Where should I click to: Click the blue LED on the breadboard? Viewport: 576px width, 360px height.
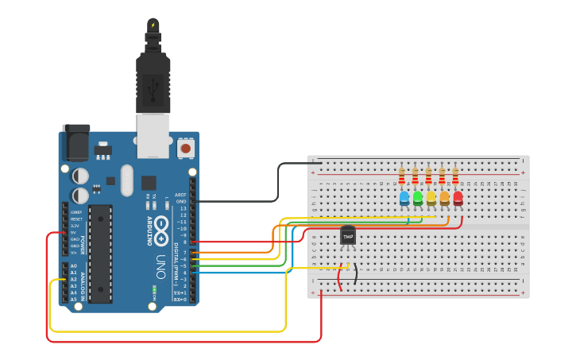[x=404, y=196]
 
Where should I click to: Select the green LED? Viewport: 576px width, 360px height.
[x=418, y=196]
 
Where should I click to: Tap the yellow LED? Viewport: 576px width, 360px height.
[x=431, y=196]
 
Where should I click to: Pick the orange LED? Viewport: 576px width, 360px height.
[x=445, y=196]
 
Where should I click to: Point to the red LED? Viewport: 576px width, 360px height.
[x=458, y=196]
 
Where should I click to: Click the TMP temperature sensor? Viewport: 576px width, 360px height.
[x=348, y=235]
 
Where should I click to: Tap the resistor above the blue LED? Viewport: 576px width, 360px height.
[x=402, y=176]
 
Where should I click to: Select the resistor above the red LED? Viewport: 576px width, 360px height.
[x=455, y=176]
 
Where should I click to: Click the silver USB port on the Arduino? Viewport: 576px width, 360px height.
[x=153, y=134]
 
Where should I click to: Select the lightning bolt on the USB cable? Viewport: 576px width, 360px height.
[x=153, y=25]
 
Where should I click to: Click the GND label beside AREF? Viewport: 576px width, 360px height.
[x=181, y=202]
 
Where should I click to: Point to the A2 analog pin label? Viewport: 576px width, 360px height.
[x=74, y=279]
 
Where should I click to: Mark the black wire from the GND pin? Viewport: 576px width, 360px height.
[x=277, y=183]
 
